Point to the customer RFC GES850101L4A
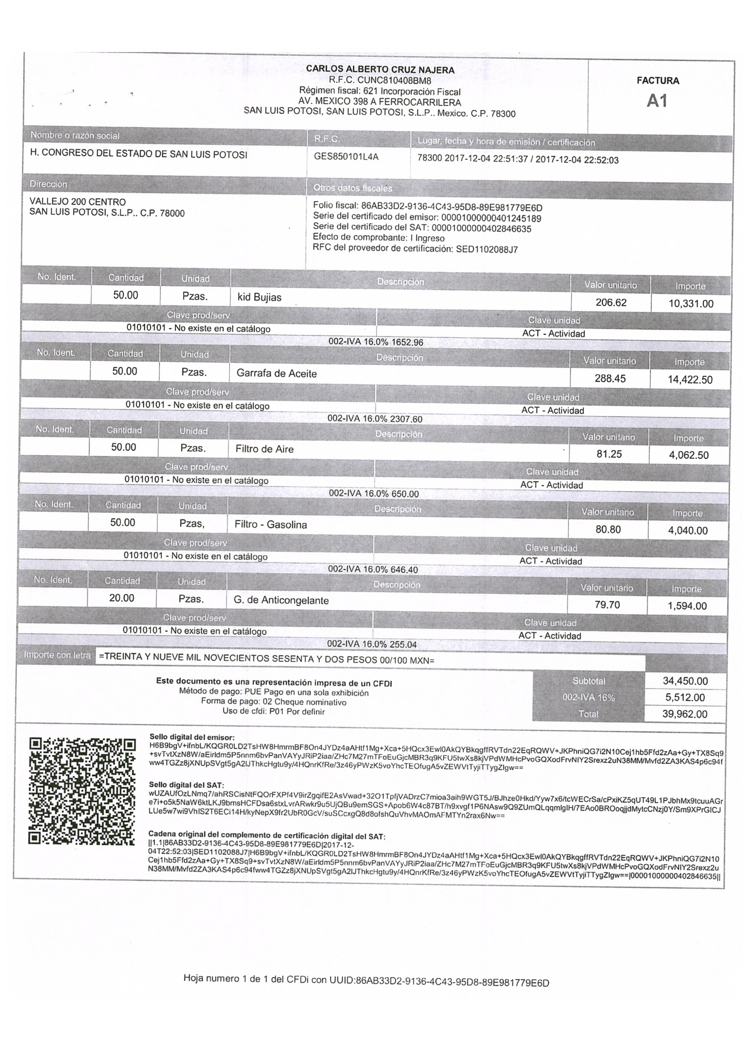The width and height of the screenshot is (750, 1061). pos(346,157)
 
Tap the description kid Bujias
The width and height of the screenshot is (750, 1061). pos(259,297)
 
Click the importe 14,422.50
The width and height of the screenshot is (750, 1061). pos(690,380)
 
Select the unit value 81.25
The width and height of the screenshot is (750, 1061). pos(609,454)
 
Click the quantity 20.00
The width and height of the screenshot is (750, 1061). pos(122,598)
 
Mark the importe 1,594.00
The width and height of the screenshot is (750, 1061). pos(687,606)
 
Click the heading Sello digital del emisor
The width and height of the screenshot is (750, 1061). pos(192,737)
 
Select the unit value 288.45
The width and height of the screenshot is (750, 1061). pos(610,379)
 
